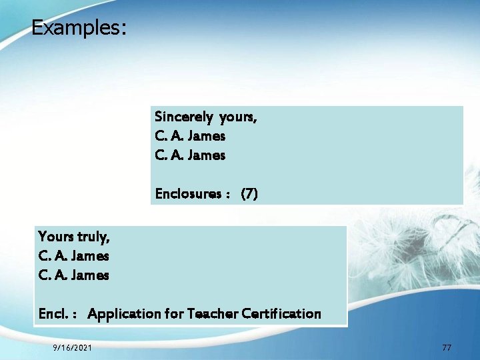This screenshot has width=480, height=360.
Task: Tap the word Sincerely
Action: point(183,117)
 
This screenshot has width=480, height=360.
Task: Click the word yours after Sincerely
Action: point(237,117)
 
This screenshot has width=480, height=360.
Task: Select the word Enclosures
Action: point(187,194)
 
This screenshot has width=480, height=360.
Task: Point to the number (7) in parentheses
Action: point(249,194)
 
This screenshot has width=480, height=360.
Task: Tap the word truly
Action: point(93,237)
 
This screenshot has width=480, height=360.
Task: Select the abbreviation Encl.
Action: point(53,313)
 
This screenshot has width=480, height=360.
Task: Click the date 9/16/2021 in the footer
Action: point(73,347)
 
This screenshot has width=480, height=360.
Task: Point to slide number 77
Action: point(447,347)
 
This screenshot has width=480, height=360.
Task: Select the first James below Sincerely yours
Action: point(207,136)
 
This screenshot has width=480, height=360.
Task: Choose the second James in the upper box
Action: point(207,155)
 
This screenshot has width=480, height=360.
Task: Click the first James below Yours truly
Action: point(90,255)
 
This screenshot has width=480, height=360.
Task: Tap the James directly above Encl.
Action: point(90,275)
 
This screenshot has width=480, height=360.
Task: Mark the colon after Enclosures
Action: point(229,195)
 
